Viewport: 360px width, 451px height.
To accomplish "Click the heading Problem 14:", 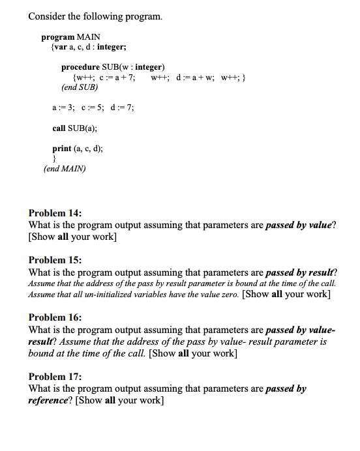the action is (55, 213).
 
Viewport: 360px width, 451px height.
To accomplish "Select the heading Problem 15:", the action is (55, 259).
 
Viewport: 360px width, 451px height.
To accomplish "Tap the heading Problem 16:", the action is (55, 317).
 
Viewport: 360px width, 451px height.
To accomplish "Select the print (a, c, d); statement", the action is (78, 149).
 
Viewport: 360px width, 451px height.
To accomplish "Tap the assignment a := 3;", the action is (63, 108).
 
